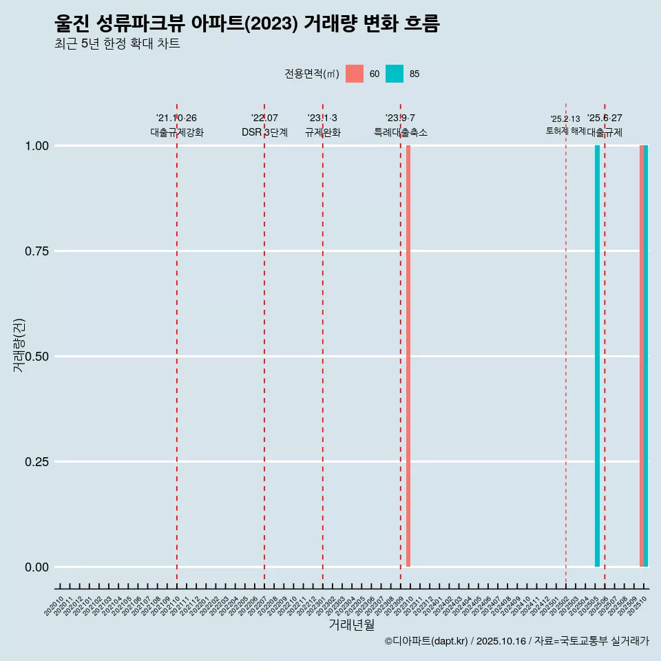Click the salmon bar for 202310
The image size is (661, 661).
click(x=408, y=356)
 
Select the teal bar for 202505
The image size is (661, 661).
click(x=597, y=356)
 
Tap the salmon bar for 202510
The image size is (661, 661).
click(x=642, y=356)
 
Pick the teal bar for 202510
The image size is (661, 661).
click(x=646, y=356)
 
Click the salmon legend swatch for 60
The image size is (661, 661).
click(x=355, y=74)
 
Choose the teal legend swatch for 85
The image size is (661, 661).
click(x=395, y=74)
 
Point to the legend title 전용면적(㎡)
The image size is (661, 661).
click(x=312, y=74)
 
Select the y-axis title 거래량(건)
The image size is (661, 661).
click(x=19, y=345)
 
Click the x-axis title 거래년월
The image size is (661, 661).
click(x=352, y=625)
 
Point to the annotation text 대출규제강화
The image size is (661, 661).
click(x=177, y=132)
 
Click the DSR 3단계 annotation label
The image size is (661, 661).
click(x=264, y=132)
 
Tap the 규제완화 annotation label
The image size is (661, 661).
click(x=323, y=132)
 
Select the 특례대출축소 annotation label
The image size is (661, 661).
click(x=401, y=132)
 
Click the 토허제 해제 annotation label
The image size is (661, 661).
click(x=565, y=130)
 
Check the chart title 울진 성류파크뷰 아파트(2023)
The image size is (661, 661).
click(x=246, y=23)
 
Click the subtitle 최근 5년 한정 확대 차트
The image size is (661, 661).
click(x=117, y=44)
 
